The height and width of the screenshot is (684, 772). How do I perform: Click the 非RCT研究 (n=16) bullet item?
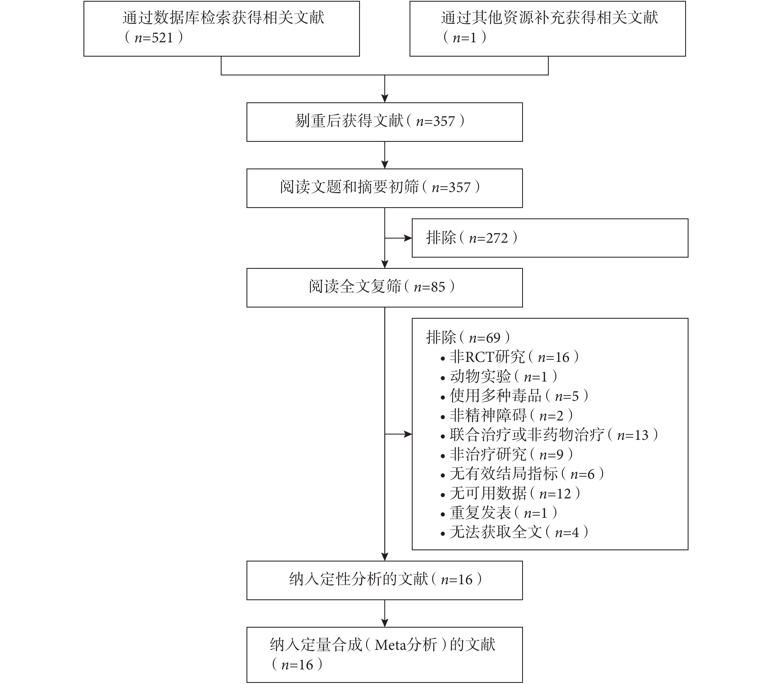[x=510, y=357]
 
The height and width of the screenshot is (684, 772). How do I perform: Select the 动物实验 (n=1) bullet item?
[x=499, y=376]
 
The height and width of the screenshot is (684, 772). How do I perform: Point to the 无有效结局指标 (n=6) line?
[x=523, y=473]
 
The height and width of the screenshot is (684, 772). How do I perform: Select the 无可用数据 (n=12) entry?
[x=511, y=493]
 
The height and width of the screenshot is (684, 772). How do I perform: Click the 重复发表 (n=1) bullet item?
[x=499, y=513]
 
